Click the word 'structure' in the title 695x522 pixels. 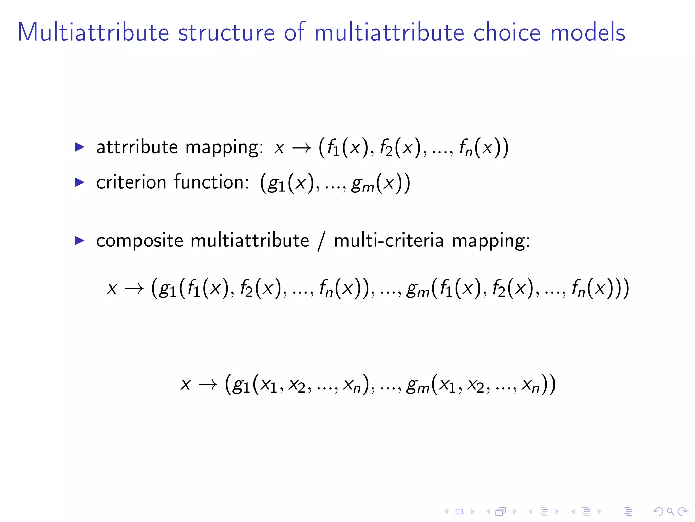(226, 33)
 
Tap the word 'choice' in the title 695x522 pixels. (507, 33)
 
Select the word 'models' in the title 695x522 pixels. (588, 33)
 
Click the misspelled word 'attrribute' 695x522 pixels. (137, 147)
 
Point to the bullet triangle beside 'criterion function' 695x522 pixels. (79, 182)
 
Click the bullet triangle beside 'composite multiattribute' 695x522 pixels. (79, 241)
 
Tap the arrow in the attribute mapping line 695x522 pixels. (301, 148)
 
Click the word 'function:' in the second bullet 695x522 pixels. (212, 182)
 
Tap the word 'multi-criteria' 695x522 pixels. (389, 241)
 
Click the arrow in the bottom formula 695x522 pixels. (208, 385)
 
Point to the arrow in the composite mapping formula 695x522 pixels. (134, 289)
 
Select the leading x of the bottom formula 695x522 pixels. (186, 385)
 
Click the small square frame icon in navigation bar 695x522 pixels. (459, 511)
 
